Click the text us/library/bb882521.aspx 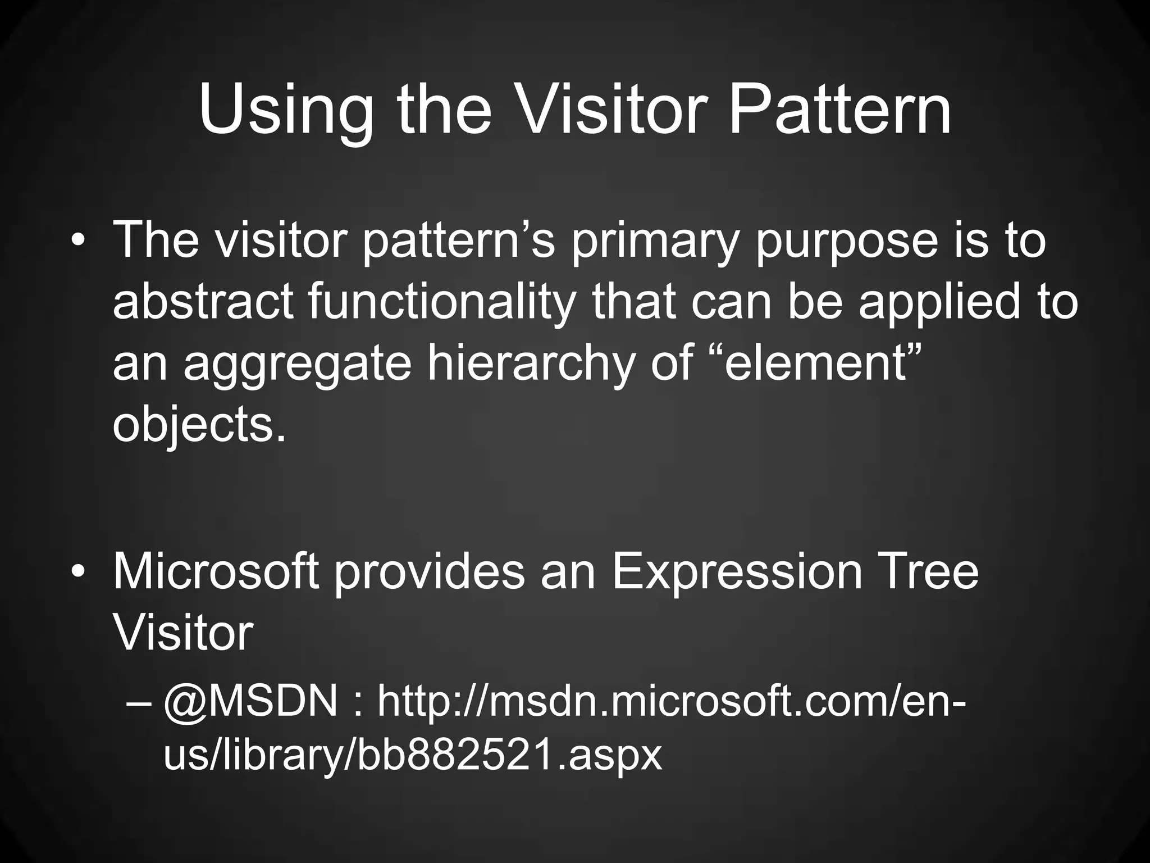click(x=413, y=756)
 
